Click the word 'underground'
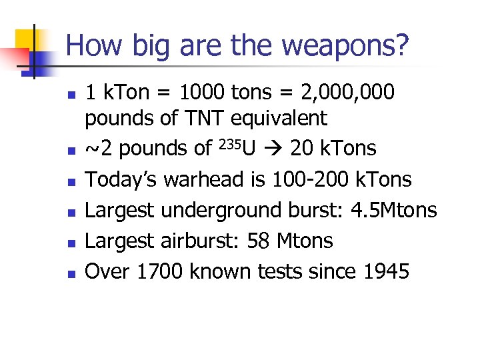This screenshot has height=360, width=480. pos(233,210)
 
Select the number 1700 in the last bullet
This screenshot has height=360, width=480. pos(160,271)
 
